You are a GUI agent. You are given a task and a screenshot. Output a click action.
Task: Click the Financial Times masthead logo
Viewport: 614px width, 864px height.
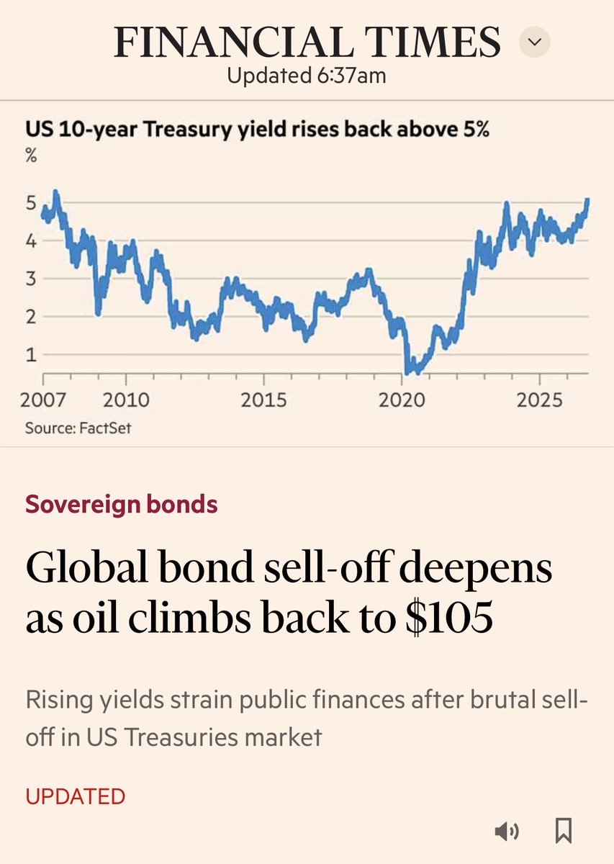307,42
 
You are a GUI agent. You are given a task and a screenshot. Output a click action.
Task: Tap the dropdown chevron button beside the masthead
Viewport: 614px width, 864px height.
535,42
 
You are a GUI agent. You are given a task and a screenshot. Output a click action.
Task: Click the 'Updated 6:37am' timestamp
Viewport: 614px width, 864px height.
307,75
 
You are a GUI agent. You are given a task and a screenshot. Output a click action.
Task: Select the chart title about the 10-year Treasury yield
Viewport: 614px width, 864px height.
257,129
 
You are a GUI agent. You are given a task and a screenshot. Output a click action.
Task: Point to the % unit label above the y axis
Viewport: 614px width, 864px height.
31,156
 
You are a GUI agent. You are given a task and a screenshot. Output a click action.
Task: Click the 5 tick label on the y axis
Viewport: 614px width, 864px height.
31,203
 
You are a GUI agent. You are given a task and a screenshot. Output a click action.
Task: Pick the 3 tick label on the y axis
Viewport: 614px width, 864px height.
31,279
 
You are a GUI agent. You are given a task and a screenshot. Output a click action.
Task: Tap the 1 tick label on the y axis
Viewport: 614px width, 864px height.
31,354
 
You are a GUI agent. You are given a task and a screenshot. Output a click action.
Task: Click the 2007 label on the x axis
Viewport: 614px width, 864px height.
42,400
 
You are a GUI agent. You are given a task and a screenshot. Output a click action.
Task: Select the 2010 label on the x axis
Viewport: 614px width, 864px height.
126,400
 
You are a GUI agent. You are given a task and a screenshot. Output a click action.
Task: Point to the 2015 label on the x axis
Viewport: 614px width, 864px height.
263,400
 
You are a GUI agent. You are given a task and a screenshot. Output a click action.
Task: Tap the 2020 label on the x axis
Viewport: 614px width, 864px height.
402,400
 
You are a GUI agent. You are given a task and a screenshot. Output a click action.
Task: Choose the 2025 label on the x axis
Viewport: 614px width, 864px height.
540,400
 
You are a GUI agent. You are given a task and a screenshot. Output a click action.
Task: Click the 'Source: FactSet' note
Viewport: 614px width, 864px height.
78,428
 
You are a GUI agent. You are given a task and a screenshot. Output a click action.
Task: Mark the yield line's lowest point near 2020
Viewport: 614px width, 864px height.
407,373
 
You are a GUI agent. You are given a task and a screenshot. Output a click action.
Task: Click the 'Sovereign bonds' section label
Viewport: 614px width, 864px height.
122,504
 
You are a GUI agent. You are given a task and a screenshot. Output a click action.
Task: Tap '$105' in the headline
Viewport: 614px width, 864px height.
449,617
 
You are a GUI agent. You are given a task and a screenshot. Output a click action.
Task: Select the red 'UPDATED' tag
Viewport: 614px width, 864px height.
76,796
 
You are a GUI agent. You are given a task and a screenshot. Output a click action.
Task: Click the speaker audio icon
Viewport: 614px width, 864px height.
507,830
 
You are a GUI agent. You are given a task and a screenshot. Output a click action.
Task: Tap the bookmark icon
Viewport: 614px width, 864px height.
564,830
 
